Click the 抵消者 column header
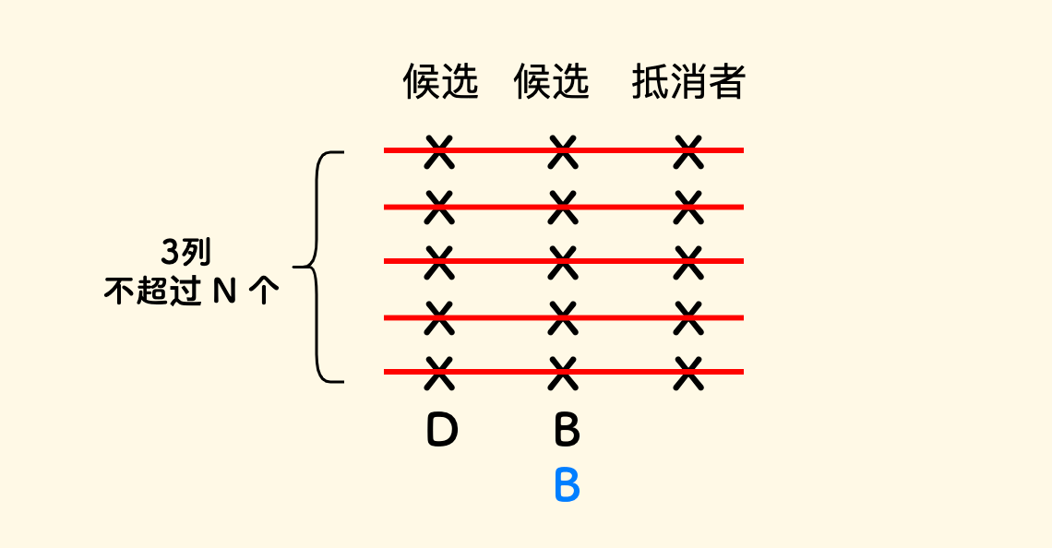687,83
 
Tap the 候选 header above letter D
441,83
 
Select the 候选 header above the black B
551,83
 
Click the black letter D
442,430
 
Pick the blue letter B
567,485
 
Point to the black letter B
567,430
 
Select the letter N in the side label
224,292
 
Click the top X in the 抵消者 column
687,151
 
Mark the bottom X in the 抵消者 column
687,373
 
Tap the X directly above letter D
440,373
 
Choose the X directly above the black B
562,373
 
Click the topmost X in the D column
440,151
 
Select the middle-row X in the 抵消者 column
687,262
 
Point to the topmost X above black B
562,151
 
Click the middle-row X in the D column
440,262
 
